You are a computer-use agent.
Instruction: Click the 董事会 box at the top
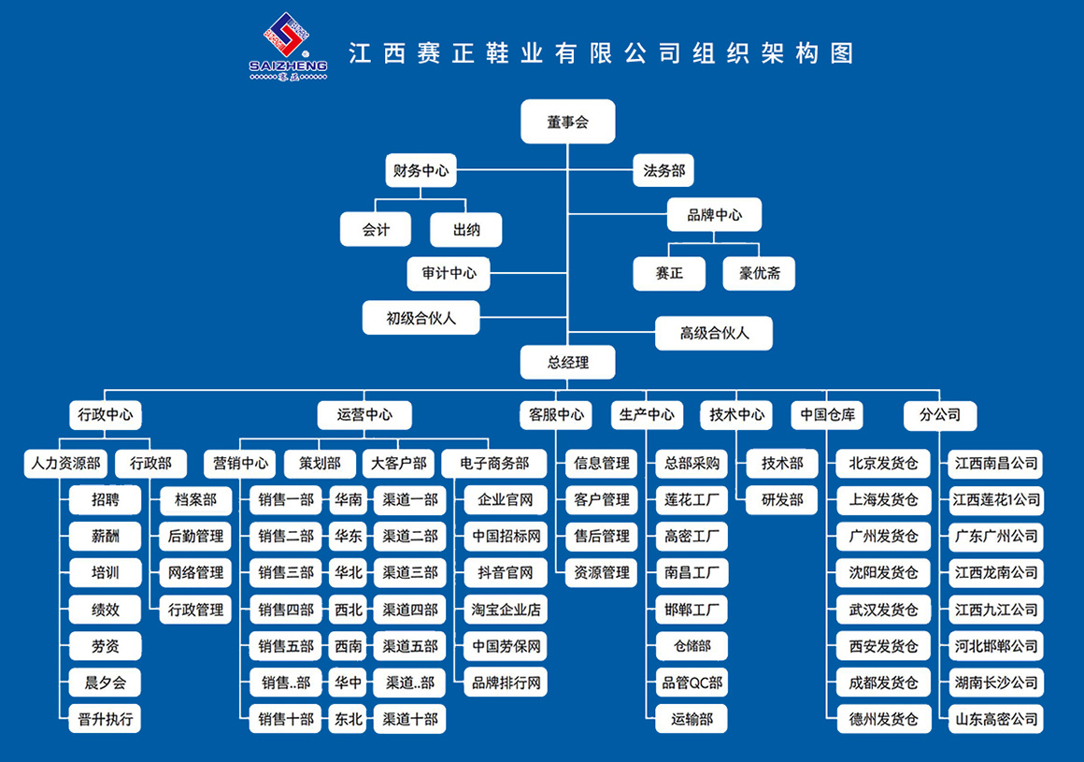coord(568,122)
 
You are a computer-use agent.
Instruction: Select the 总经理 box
coord(568,362)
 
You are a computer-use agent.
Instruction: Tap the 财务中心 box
coord(421,171)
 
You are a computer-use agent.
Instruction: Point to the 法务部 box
coord(664,171)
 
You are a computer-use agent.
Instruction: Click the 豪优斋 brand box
coord(759,274)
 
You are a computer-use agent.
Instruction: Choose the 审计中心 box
coord(449,274)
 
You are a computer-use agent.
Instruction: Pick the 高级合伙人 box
coord(714,333)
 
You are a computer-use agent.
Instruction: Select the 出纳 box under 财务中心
coord(466,230)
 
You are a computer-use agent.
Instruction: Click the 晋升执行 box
coord(105,719)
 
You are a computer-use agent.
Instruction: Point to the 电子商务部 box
coord(494,463)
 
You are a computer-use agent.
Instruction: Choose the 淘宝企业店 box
coord(505,610)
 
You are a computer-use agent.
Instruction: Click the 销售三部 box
coord(287,572)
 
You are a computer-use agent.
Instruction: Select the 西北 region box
coord(349,610)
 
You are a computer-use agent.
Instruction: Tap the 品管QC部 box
coord(692,683)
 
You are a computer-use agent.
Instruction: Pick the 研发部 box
coord(782,500)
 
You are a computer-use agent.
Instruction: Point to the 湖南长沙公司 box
coord(996,683)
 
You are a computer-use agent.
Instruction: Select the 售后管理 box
coord(602,537)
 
